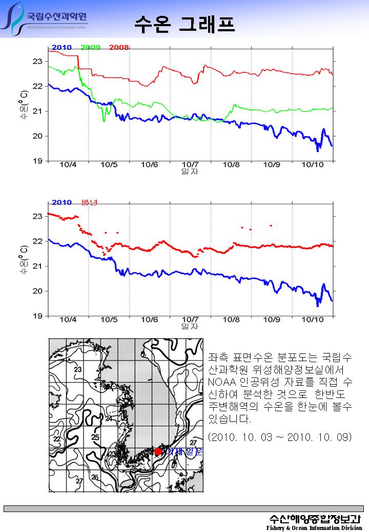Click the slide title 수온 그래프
pyautogui.click(x=184, y=23)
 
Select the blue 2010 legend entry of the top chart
pyautogui.click(x=61, y=48)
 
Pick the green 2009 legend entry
pyautogui.click(x=90, y=48)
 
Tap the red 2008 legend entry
pyautogui.click(x=119, y=48)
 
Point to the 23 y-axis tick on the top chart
pyautogui.click(x=37, y=61)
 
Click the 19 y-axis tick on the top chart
pyautogui.click(x=37, y=161)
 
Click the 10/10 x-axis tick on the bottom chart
pyautogui.click(x=313, y=320)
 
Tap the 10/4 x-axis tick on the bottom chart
pyautogui.click(x=68, y=320)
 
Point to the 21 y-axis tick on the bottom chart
pyautogui.click(x=37, y=266)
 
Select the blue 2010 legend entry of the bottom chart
pyautogui.click(x=61, y=203)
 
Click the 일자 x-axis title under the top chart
pyautogui.click(x=190, y=172)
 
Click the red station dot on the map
pyautogui.click(x=158, y=451)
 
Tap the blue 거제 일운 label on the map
pyautogui.click(x=183, y=451)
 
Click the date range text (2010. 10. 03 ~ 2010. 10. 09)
pyautogui.click(x=279, y=437)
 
